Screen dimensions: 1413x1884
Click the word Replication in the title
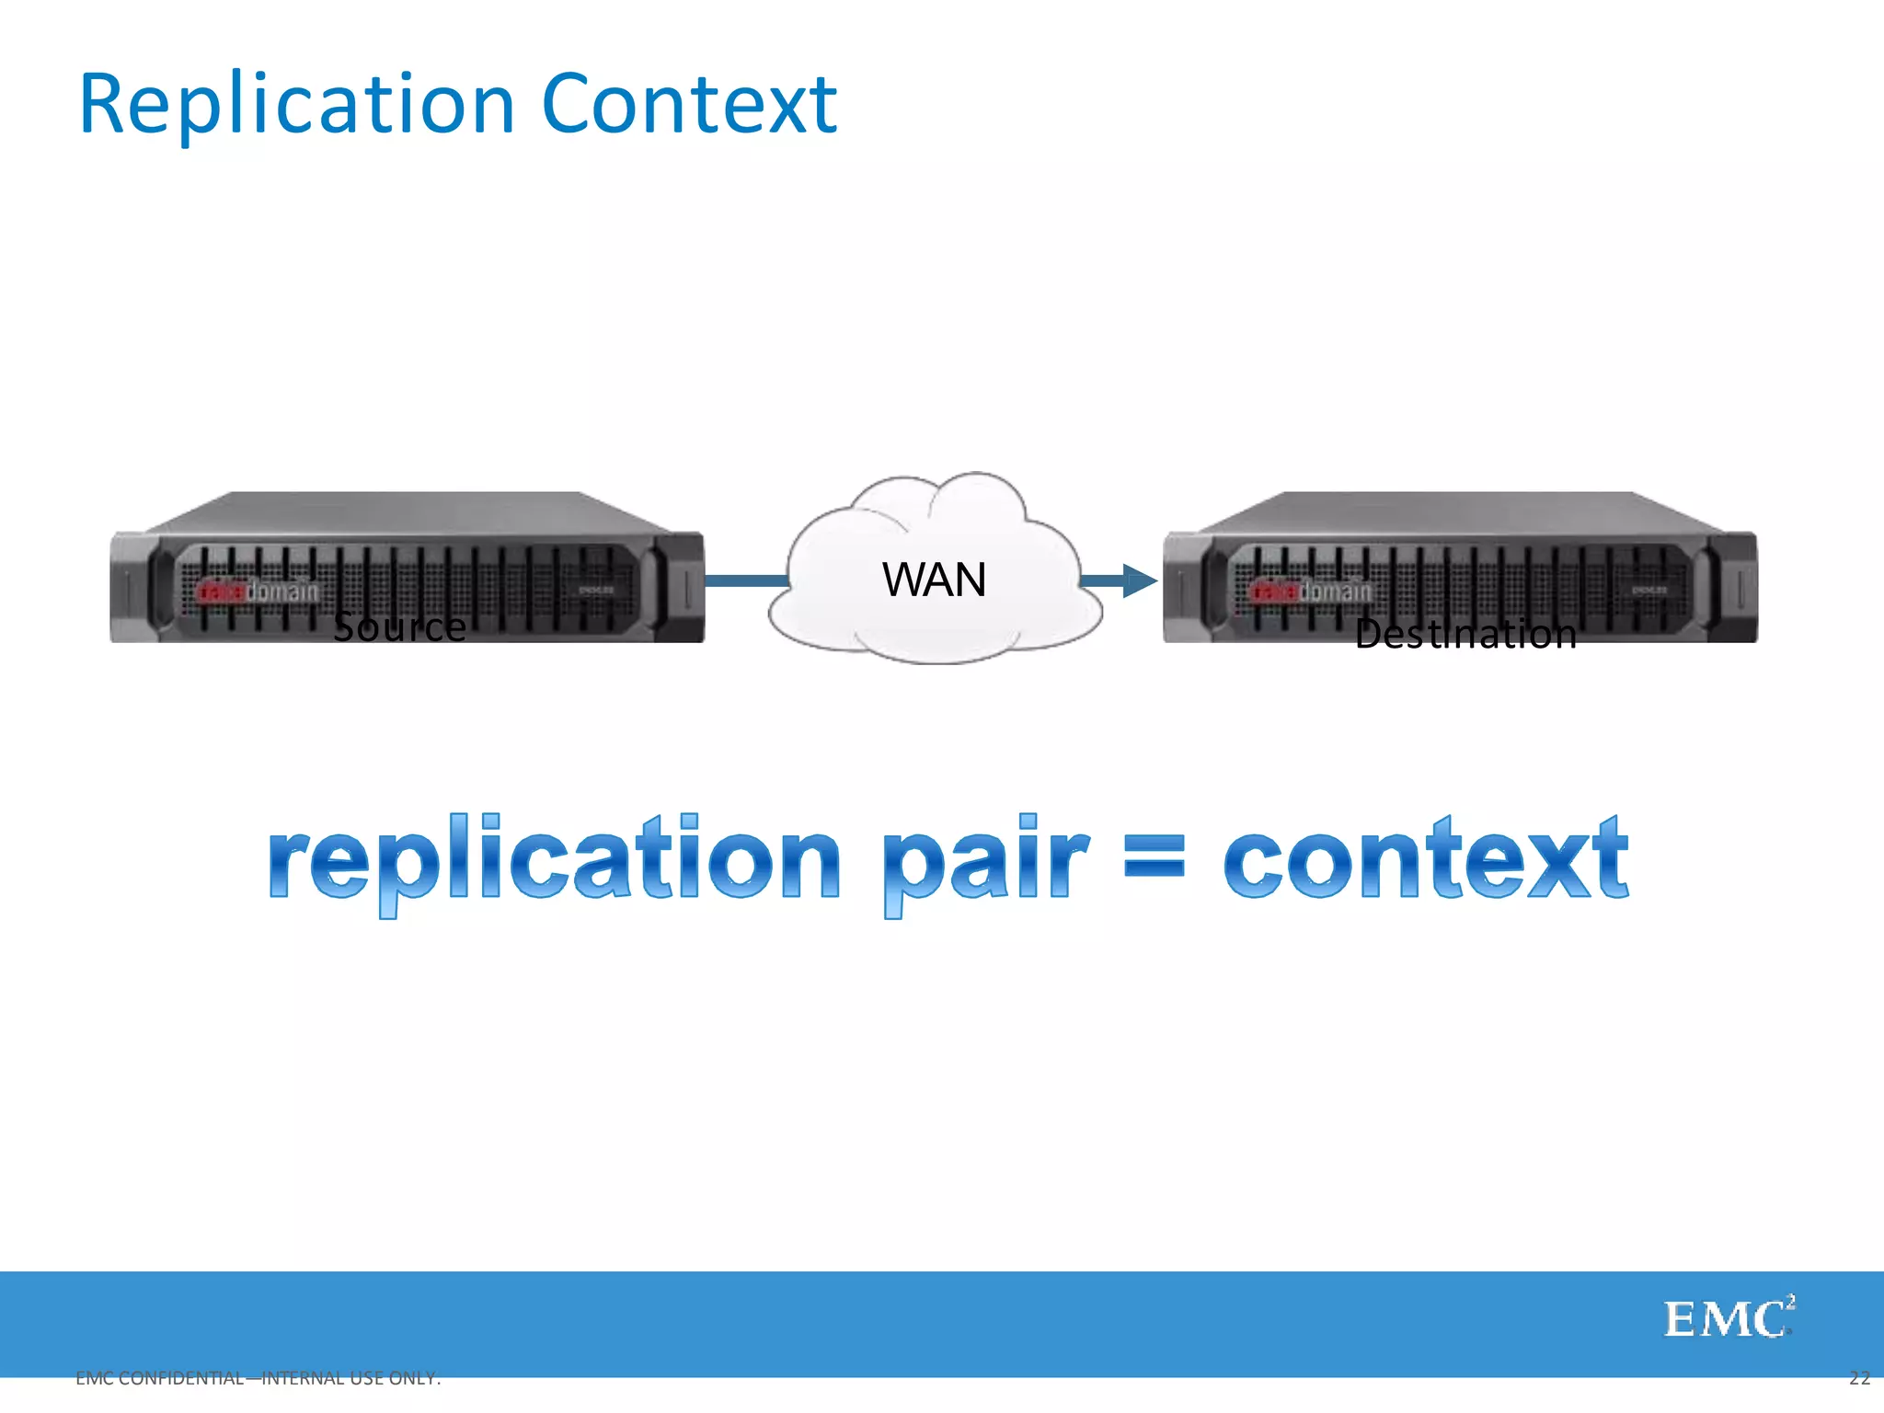[296, 106]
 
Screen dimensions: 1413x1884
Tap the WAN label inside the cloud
[934, 580]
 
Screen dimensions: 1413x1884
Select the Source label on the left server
[399, 627]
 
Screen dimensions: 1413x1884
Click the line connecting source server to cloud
[746, 580]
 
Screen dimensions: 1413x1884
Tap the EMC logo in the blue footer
[1728, 1318]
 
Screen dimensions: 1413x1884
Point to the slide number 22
[1859, 1377]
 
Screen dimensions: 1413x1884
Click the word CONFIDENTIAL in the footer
[181, 1378]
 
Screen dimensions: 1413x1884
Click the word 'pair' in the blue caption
[984, 860]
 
